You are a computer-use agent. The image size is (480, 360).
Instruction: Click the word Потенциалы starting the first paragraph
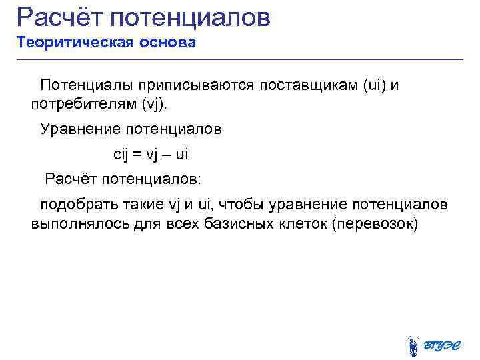87,85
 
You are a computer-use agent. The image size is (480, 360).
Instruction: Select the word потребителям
84,104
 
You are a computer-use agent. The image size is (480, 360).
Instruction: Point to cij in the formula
120,155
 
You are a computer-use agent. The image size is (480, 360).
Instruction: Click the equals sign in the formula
138,155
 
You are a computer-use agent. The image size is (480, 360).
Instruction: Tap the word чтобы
235,203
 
